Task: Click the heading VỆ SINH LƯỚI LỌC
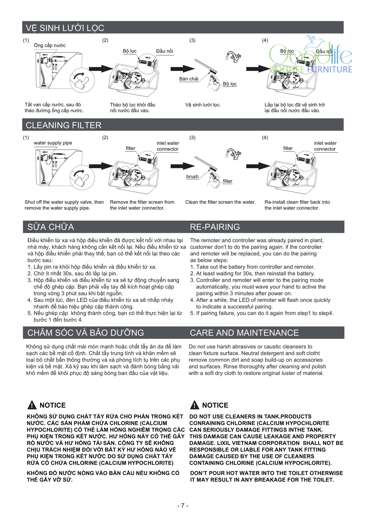click(x=65, y=28)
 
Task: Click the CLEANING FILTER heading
click(x=64, y=125)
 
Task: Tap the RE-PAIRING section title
click(x=215, y=227)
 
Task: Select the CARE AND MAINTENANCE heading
click(x=244, y=333)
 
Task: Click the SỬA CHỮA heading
click(x=51, y=227)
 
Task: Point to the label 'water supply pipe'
click(x=53, y=143)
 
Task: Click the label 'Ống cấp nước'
click(x=50, y=45)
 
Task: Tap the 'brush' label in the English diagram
click(x=192, y=177)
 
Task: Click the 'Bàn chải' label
click(x=189, y=79)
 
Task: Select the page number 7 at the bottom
click(x=183, y=505)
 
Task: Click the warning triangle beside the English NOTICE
click(x=194, y=405)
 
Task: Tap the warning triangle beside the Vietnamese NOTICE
click(x=32, y=405)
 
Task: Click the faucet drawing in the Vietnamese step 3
click(x=233, y=56)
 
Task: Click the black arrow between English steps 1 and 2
click(x=101, y=166)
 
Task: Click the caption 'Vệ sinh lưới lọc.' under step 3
click(x=203, y=105)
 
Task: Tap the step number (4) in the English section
click(x=265, y=138)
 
